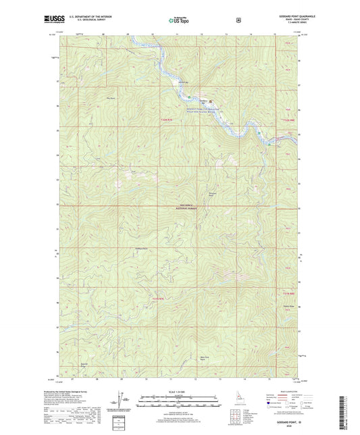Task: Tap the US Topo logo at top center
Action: pos(178,20)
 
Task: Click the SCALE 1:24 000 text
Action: pos(179,390)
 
